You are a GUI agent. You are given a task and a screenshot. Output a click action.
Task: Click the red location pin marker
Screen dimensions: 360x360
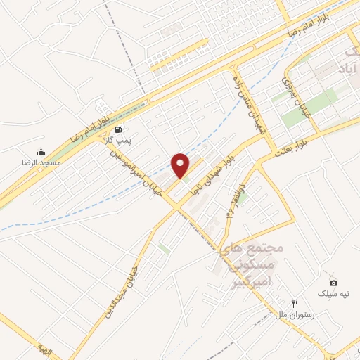181,165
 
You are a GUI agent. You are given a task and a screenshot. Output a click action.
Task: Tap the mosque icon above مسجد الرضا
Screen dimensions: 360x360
41,152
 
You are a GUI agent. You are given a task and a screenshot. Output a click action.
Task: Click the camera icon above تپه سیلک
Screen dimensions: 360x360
333,283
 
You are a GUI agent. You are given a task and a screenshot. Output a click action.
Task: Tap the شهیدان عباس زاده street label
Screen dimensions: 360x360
243,105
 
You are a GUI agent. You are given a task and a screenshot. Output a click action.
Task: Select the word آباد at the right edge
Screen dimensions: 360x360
346,69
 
